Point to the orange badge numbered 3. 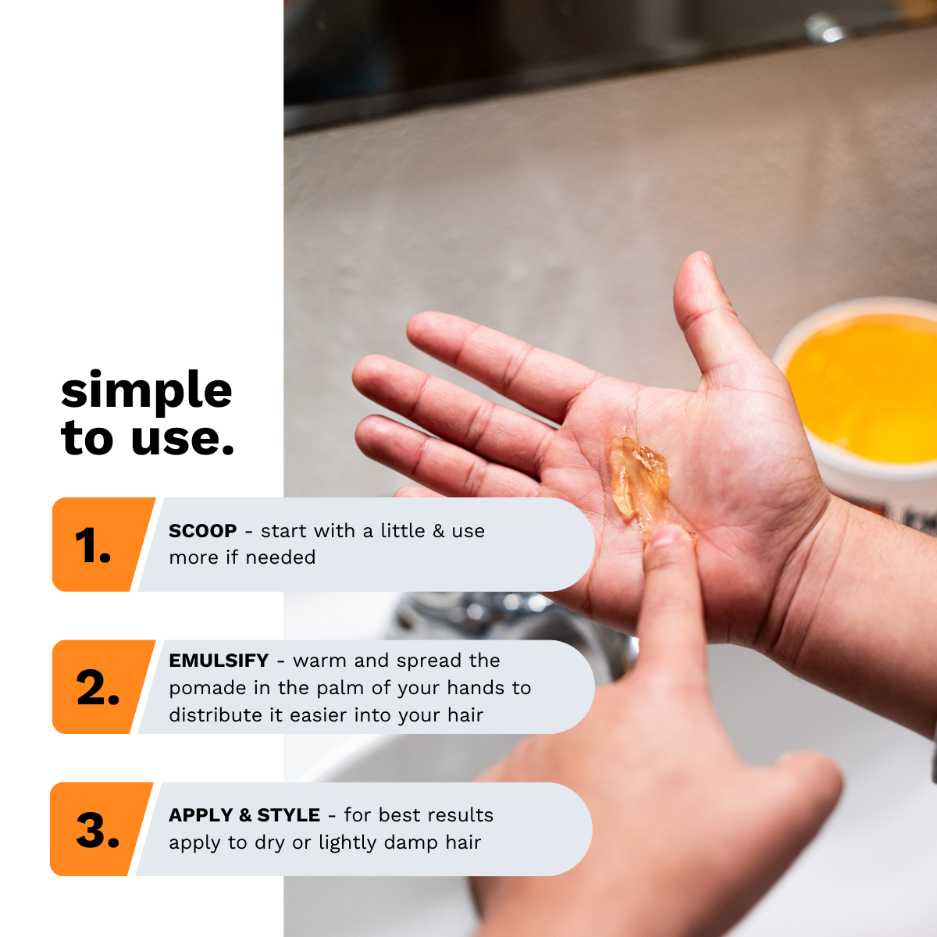click(x=99, y=829)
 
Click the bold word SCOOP click(x=203, y=531)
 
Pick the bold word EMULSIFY click(x=219, y=661)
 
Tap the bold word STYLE click(x=288, y=815)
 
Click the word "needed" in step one click(x=280, y=558)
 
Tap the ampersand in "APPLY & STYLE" click(x=245, y=815)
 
